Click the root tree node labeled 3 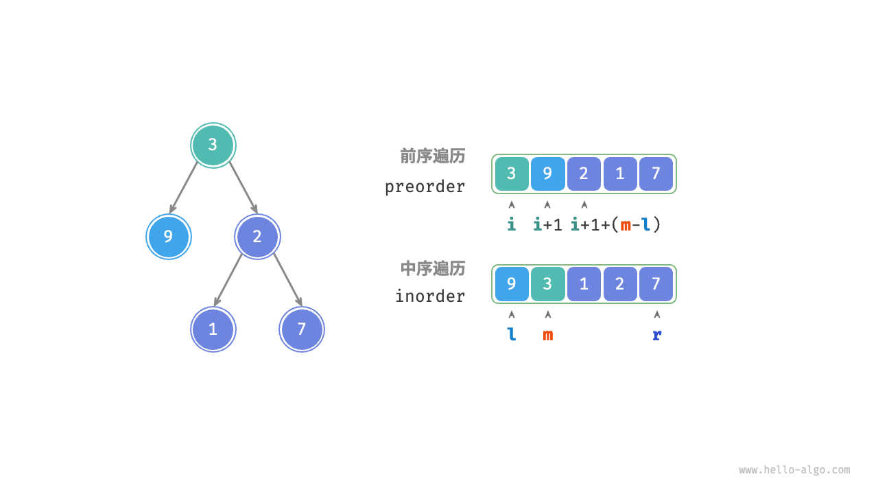(x=213, y=145)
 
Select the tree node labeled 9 (x=168, y=237)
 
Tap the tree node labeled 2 (x=257, y=237)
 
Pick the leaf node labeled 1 (x=213, y=329)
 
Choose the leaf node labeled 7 (x=302, y=329)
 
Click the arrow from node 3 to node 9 (x=184, y=187)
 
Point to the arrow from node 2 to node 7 (x=287, y=279)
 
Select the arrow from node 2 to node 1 (x=228, y=279)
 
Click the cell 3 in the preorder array (x=512, y=174)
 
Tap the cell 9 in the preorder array (x=547, y=174)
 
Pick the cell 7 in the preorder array (x=656, y=174)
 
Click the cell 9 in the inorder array (x=512, y=284)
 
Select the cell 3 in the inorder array (x=547, y=284)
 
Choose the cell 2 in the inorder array (x=620, y=284)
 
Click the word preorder (x=425, y=187)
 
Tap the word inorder (x=430, y=296)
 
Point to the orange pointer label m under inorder (x=547, y=335)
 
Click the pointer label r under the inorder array (x=656, y=335)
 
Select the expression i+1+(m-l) (x=615, y=224)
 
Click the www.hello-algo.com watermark (x=794, y=470)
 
